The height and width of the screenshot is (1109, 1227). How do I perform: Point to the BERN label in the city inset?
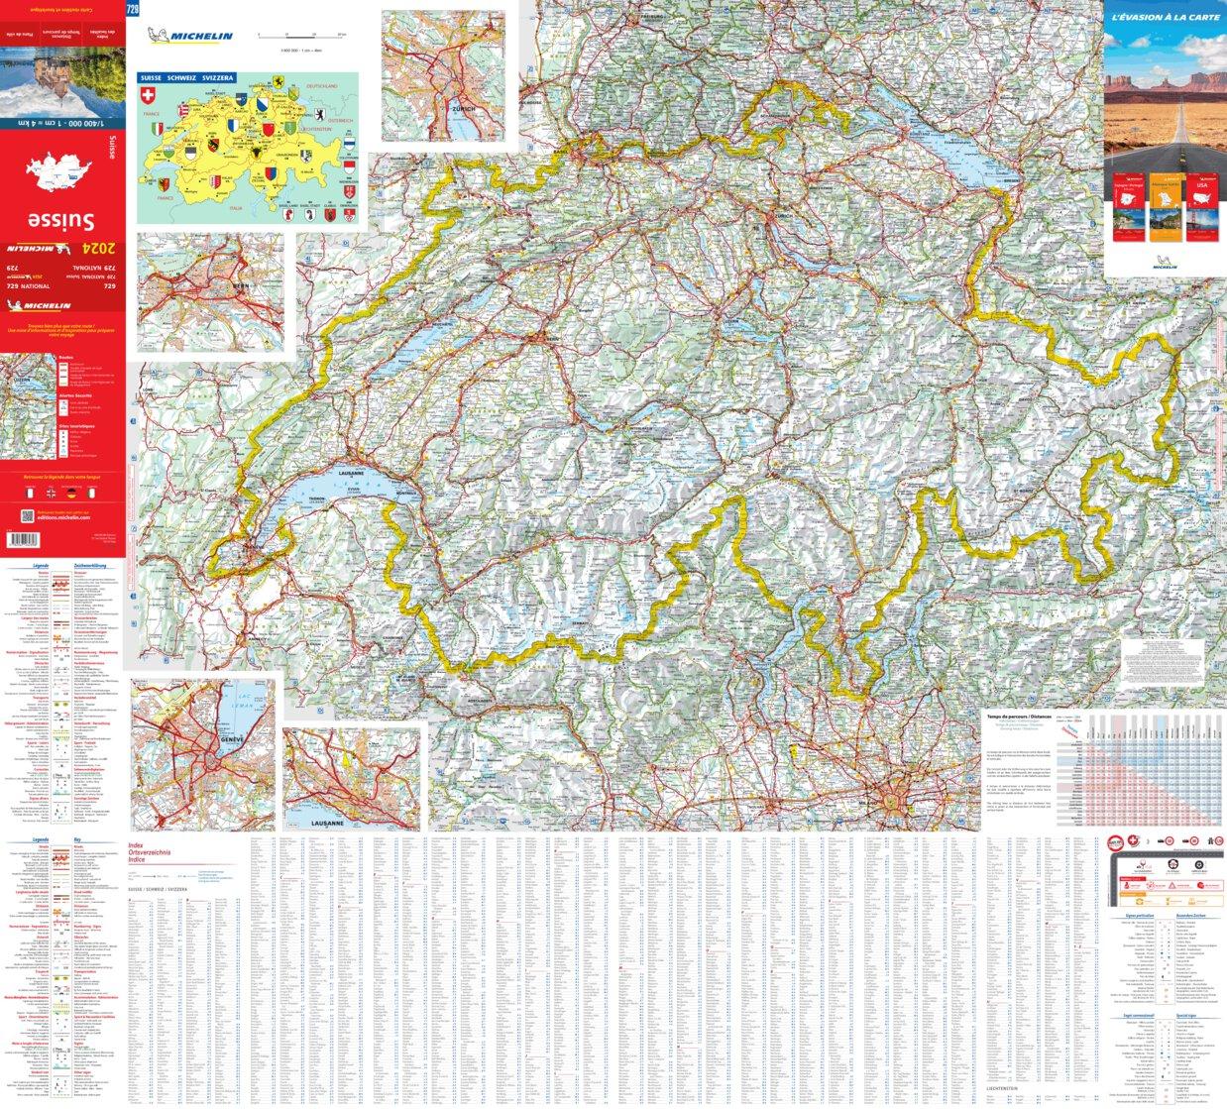coord(211,313)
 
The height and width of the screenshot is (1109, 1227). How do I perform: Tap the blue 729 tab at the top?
coord(133,10)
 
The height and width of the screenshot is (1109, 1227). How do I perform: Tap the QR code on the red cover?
coord(27,514)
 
